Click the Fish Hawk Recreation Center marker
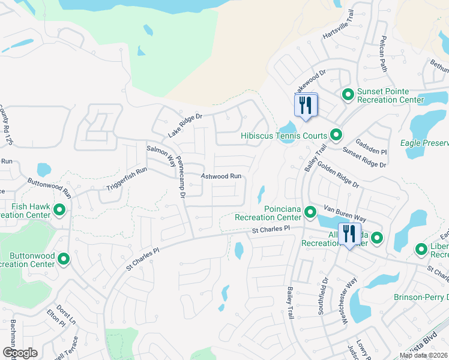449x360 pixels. tap(59, 209)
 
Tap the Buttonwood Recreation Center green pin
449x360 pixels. tap(64, 259)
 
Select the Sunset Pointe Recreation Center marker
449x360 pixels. tap(348, 94)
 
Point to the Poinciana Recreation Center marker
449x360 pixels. tap(310, 212)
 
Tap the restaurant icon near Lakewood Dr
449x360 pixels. tap(306, 106)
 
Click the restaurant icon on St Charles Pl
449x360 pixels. tap(349, 234)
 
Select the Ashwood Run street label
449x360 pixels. tap(221, 176)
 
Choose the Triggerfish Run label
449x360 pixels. tap(127, 179)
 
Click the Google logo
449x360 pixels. tap(19, 353)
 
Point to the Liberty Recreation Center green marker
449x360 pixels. tap(422, 249)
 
